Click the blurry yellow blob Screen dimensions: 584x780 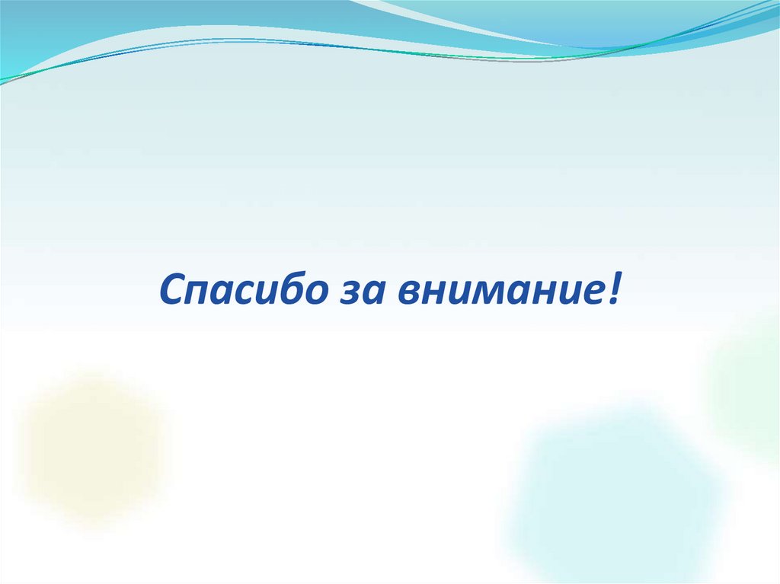click(x=91, y=449)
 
